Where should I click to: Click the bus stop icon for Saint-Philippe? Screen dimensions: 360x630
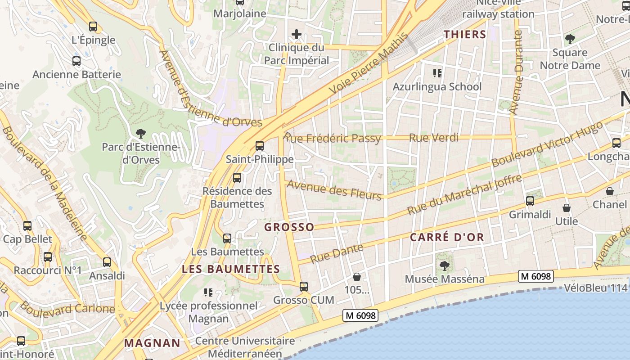(x=259, y=146)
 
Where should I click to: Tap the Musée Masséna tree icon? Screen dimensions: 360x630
(x=444, y=266)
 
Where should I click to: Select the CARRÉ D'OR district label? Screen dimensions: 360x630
(x=447, y=237)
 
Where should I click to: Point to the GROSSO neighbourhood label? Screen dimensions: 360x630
(x=289, y=227)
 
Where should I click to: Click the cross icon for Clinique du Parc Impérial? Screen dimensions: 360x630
(x=296, y=34)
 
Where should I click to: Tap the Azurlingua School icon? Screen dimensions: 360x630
(x=437, y=73)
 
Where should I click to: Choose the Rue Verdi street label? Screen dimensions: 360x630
(x=433, y=138)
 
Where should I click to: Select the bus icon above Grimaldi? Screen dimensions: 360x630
(x=530, y=201)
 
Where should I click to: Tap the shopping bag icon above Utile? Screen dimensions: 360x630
(x=567, y=208)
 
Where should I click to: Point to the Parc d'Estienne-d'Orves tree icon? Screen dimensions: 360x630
(x=141, y=133)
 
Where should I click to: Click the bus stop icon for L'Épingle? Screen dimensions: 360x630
(x=93, y=27)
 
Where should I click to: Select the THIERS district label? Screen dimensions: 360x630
(x=465, y=34)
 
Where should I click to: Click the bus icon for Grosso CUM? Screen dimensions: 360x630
(x=304, y=287)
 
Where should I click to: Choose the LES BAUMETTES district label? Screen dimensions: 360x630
(x=231, y=269)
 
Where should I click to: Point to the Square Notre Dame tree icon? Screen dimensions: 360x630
(x=570, y=39)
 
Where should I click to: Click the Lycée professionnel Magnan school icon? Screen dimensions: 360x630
(x=208, y=293)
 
